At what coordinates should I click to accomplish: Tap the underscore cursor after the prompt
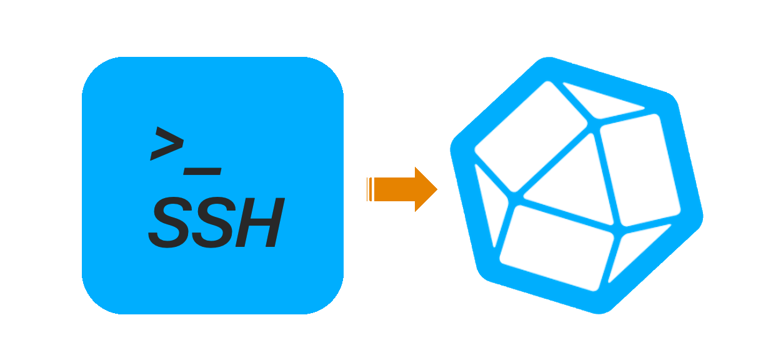[202, 169]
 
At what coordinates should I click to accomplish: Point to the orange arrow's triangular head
[425, 189]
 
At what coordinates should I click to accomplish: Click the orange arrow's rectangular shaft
[394, 189]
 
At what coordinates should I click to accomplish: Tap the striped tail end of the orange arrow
[370, 189]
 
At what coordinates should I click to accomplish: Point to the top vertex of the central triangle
[594, 131]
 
